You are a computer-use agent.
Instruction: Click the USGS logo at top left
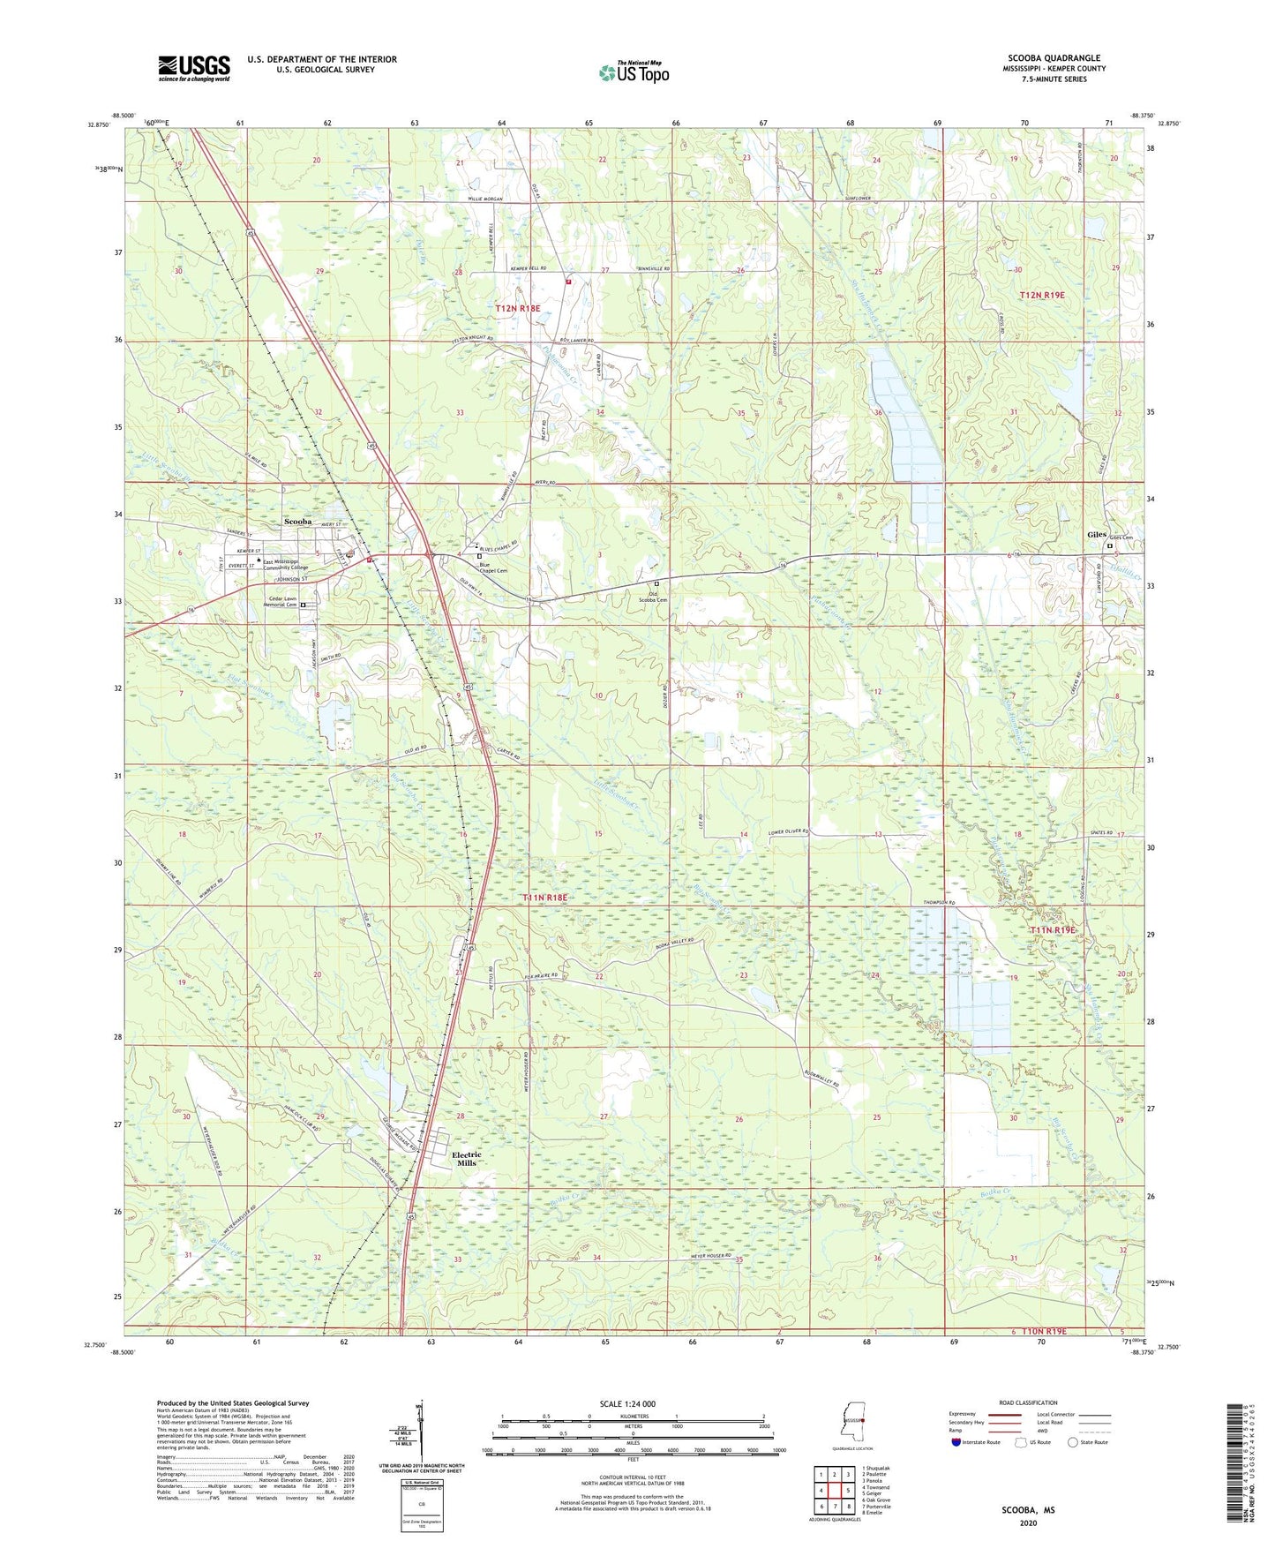pos(193,68)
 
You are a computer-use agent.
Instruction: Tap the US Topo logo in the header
pos(633,72)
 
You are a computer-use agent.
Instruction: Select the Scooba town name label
pos(297,522)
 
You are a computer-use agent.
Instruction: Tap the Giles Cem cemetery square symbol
pos(1110,545)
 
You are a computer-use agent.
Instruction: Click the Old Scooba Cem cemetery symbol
pos(656,583)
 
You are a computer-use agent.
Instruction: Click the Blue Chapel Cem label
pos(492,568)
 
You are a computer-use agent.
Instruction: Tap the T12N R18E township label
pos(517,308)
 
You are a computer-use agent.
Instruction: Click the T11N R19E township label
pos(1053,930)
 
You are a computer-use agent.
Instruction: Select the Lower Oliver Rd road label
pos(788,831)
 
